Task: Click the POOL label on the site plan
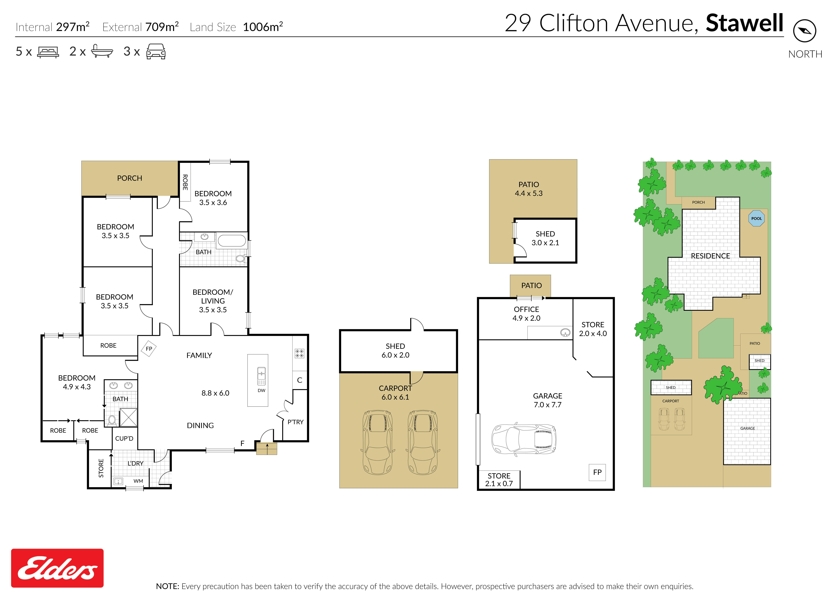coord(757,218)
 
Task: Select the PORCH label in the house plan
coord(130,178)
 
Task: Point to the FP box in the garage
coord(597,472)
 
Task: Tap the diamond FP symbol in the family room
coord(149,349)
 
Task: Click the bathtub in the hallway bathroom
coord(232,241)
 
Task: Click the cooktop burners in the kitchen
coord(299,353)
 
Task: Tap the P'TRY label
coord(295,422)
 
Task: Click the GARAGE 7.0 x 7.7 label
coord(548,400)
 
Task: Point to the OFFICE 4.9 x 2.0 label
coord(526,314)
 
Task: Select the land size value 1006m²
coord(263,27)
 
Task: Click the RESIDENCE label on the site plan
coord(710,256)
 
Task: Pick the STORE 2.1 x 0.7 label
coord(499,480)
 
